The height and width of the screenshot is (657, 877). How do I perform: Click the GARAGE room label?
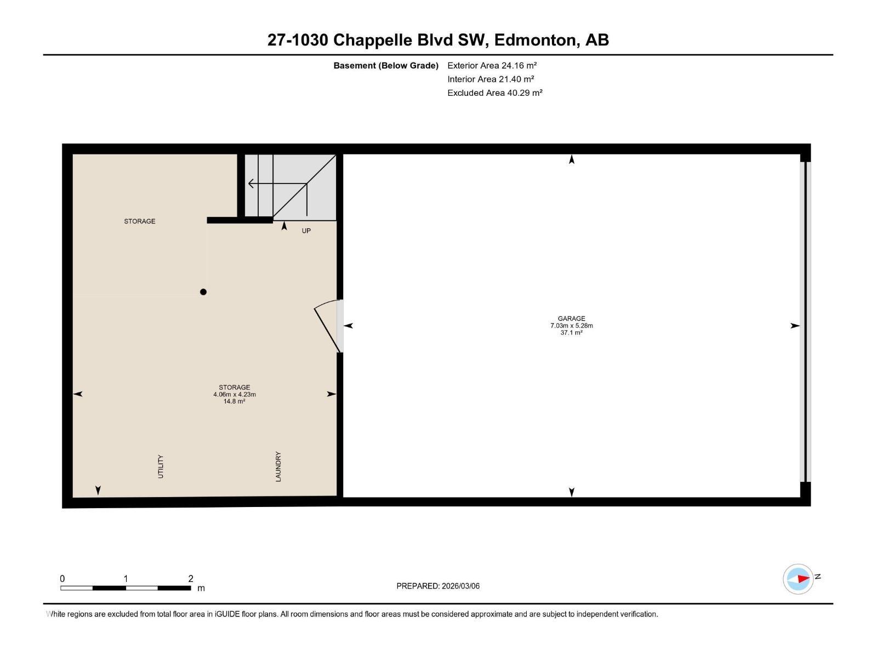tap(571, 319)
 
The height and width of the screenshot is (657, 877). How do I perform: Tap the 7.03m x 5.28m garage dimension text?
tap(571, 326)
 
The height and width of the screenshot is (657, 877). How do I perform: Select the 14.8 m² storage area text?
tap(234, 401)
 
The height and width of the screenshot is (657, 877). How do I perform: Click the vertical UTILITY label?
tap(161, 466)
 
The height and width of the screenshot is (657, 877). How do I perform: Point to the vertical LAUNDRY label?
tap(278, 466)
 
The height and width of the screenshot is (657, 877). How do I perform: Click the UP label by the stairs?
tap(306, 231)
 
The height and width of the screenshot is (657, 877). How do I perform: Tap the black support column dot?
tap(203, 292)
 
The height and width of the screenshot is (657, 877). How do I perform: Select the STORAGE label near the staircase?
tap(139, 221)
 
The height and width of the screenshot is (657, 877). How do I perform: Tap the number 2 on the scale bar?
tap(191, 579)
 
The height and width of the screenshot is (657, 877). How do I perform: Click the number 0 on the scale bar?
tap(62, 579)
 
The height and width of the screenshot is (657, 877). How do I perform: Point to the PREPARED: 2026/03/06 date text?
tap(438, 586)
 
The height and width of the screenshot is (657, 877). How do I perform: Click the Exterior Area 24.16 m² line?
tap(492, 65)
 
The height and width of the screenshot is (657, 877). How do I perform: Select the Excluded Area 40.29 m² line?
tap(494, 93)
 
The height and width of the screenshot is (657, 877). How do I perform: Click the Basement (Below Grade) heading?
tap(385, 66)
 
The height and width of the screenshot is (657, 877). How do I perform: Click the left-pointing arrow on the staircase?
tap(252, 183)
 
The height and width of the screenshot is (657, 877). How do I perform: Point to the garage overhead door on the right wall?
tap(805, 322)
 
